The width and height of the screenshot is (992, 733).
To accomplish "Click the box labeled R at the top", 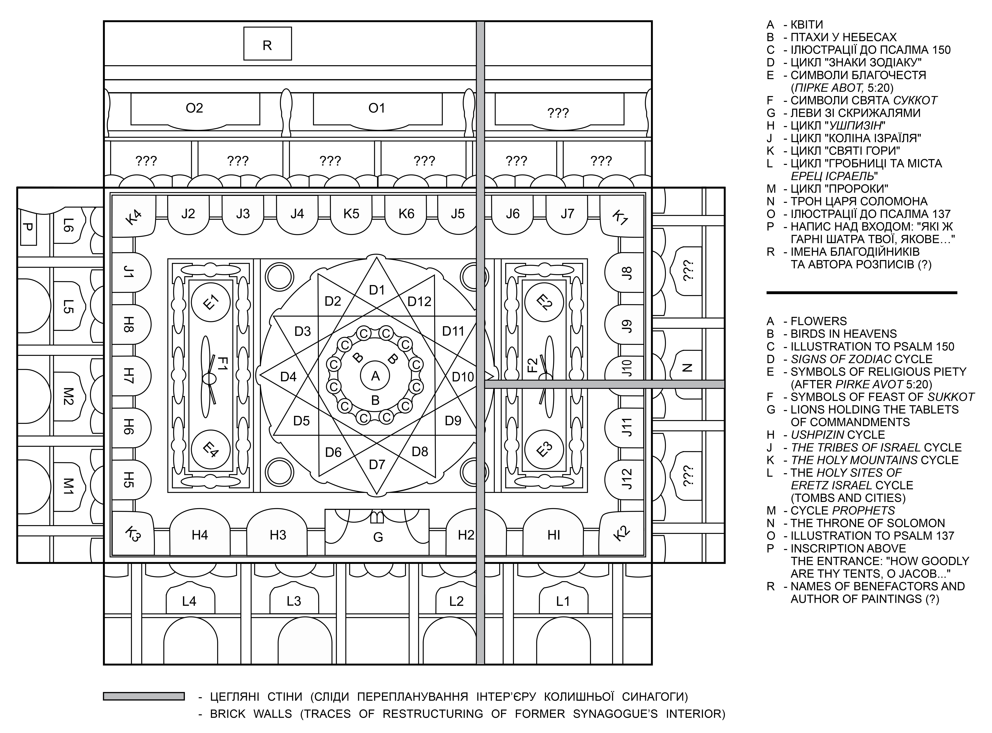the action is point(267,43).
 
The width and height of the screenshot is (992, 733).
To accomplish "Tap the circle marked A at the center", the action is point(375,376).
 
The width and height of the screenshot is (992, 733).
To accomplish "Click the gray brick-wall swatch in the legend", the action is point(144,696).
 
